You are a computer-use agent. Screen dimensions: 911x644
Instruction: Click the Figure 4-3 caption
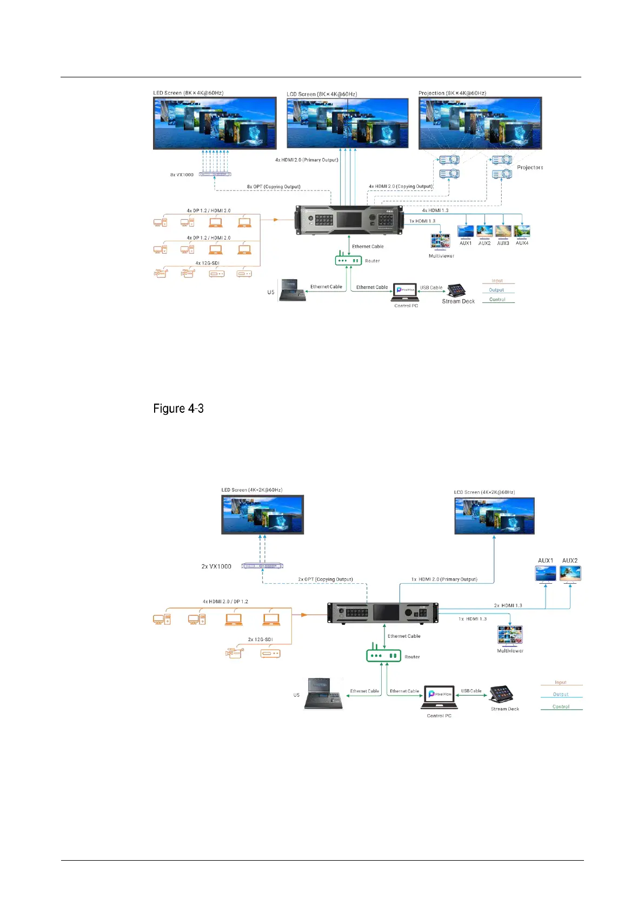(x=178, y=408)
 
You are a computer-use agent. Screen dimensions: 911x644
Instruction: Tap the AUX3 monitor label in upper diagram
(x=503, y=243)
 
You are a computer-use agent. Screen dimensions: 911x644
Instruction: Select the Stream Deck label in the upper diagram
(x=458, y=301)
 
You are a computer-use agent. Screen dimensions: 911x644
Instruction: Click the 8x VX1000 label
(x=182, y=175)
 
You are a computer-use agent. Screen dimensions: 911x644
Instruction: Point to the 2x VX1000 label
(x=216, y=566)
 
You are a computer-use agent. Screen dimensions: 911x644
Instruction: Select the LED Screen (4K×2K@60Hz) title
(x=252, y=490)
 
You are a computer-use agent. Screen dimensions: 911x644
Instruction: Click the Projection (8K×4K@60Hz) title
(x=452, y=93)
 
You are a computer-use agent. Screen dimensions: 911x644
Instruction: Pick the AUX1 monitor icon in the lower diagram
(x=546, y=573)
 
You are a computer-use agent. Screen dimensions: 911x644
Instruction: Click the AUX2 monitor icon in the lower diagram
(x=570, y=573)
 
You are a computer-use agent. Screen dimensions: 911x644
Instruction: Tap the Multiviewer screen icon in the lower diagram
(x=510, y=636)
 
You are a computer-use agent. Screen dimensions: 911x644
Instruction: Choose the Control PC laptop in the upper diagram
(x=406, y=292)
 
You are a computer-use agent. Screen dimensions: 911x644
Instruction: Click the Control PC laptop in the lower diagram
(x=439, y=697)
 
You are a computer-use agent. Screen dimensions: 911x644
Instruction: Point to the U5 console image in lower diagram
(x=323, y=694)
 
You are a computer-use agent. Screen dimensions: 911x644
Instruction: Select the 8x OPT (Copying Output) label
(x=274, y=187)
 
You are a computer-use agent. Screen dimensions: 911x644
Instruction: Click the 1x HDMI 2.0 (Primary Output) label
(x=444, y=579)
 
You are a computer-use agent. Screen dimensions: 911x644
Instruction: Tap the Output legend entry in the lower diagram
(x=561, y=695)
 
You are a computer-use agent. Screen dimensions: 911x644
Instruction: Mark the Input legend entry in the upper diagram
(x=497, y=281)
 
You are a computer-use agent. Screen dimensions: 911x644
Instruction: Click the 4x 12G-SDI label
(x=207, y=263)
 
